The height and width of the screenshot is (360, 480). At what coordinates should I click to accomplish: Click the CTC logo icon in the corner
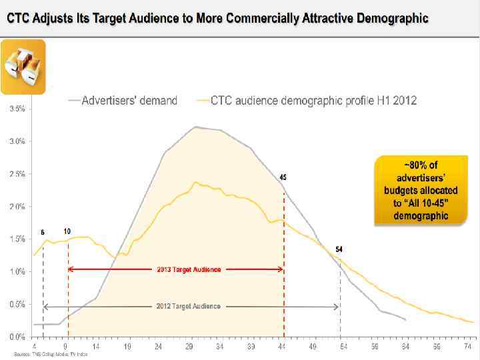(23, 66)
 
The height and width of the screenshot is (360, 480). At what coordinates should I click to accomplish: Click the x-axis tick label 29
(190, 347)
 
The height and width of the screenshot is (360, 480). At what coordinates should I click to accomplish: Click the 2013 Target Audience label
(189, 269)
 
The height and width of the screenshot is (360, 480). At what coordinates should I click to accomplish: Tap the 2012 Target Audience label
(189, 306)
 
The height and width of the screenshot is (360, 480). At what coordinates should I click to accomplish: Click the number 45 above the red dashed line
(283, 177)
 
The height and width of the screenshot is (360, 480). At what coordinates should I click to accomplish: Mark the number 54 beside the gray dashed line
(339, 249)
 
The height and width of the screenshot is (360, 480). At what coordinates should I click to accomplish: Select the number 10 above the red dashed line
(67, 231)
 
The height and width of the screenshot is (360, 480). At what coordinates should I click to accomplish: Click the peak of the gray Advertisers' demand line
(195, 127)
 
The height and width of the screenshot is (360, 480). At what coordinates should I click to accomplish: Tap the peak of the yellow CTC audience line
(196, 182)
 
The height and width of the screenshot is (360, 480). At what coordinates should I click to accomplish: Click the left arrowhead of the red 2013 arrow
(71, 269)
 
